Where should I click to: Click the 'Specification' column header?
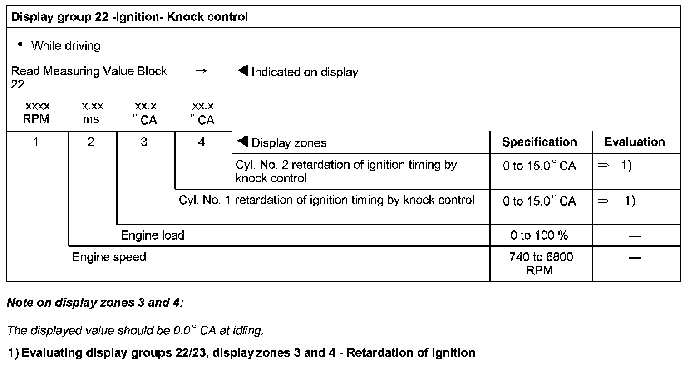[x=539, y=142]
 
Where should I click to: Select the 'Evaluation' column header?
[x=634, y=142]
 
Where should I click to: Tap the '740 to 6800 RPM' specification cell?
[x=541, y=264]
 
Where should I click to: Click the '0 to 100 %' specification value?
[x=539, y=235]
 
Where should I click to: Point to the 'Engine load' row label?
[x=153, y=235]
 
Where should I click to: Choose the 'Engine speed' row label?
[x=109, y=257]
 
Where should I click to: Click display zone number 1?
[x=35, y=142]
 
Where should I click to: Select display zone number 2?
[x=91, y=142]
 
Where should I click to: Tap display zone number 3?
[x=144, y=142]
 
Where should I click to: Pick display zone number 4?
[x=202, y=142]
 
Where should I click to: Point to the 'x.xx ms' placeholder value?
[x=93, y=113]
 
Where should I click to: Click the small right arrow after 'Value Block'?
[x=201, y=71]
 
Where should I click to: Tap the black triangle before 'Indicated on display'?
[x=243, y=71]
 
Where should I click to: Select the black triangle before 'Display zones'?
[x=243, y=142]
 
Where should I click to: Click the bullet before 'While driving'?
[x=20, y=44]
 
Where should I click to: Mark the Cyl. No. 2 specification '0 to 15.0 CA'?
[x=539, y=166]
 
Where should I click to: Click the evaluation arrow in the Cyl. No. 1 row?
[x=603, y=201]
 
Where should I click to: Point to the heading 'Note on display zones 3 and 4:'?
[x=95, y=303]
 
